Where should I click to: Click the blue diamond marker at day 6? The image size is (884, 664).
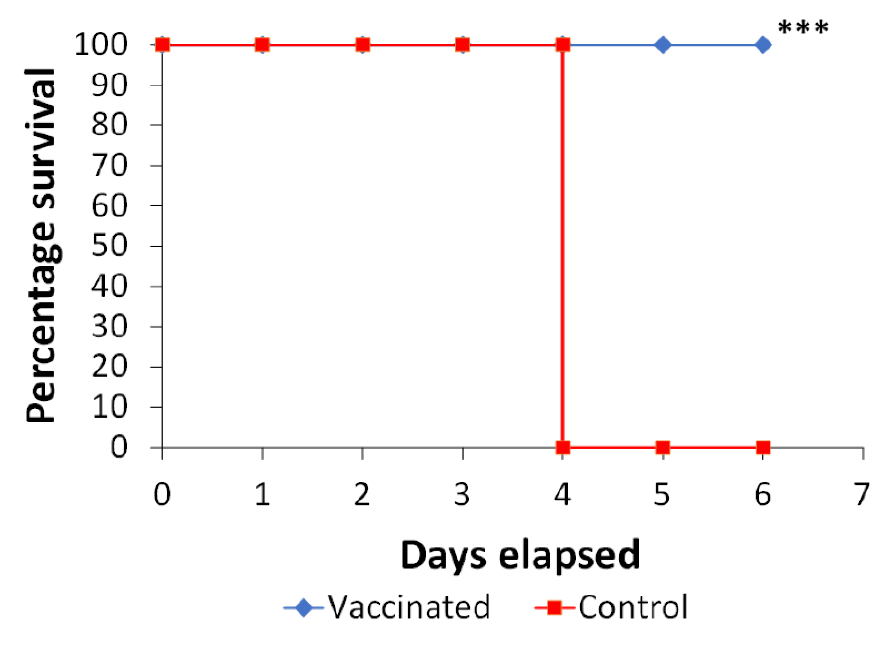(763, 45)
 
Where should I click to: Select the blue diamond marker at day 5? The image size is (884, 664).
(662, 45)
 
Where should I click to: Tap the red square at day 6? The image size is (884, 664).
(763, 448)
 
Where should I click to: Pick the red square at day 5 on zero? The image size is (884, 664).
(662, 448)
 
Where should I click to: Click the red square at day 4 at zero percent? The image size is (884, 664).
(563, 448)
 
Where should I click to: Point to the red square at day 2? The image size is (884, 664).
(363, 45)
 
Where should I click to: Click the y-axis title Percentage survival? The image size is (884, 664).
(40, 245)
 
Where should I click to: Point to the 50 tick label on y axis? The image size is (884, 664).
(109, 246)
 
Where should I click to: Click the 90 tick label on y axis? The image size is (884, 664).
(109, 85)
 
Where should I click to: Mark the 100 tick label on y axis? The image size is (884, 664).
(101, 45)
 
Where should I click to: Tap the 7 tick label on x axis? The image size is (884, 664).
(862, 494)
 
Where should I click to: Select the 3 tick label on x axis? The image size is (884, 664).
(462, 494)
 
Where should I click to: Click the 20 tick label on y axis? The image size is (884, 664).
(109, 367)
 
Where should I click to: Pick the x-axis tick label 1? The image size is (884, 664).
(262, 494)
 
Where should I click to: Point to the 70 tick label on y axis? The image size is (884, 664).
(109, 166)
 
